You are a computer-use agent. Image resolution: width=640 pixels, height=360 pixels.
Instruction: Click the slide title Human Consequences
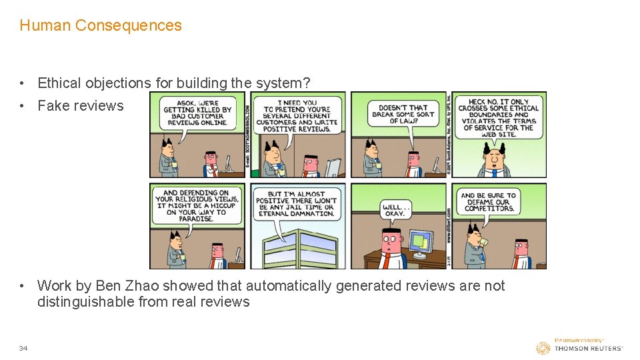pos(101,25)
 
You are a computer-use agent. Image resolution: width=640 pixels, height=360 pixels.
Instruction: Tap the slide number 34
pos(23,348)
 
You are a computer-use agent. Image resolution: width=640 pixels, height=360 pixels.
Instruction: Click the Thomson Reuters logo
pos(580,347)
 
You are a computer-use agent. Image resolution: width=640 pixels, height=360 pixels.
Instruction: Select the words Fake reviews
pos(81,105)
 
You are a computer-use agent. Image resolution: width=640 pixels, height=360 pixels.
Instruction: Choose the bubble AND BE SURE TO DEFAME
pos(488,202)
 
